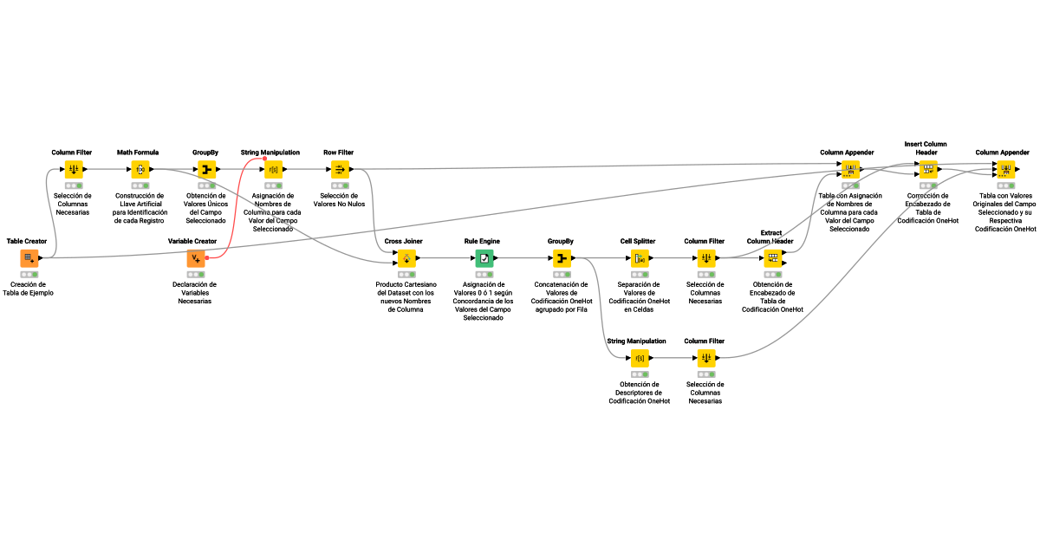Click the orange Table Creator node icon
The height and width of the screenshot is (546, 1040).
point(29,257)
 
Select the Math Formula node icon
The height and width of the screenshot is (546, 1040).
point(140,169)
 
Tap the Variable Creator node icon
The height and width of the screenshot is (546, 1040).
point(196,257)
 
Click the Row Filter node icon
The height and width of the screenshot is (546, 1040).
point(340,169)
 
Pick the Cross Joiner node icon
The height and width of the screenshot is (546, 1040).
point(406,257)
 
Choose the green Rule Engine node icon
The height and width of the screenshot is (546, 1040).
point(484,257)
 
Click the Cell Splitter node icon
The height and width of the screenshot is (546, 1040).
point(640,257)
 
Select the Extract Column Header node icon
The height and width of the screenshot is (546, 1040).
point(772,257)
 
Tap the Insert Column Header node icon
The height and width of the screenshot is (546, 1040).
point(927,169)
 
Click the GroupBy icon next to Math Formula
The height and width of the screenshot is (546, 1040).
point(206,169)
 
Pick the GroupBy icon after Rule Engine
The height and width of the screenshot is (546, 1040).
point(562,257)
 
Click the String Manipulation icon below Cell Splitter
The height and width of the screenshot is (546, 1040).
point(640,358)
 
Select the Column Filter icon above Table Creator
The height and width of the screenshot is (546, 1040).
point(74,169)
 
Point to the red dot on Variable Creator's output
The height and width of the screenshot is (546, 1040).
point(207,258)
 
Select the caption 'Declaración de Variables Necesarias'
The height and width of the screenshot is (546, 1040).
point(195,293)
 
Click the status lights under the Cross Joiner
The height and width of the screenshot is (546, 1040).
point(406,274)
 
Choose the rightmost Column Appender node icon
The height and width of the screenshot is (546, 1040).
point(1005,169)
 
